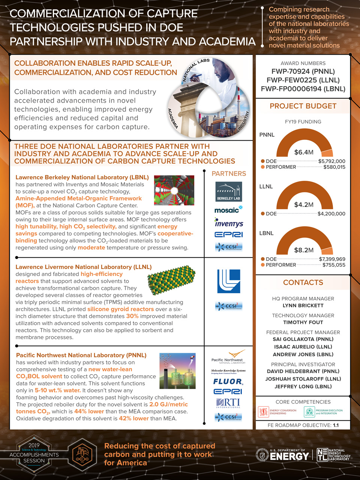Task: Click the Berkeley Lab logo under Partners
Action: click(x=229, y=191)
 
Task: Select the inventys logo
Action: click(x=229, y=223)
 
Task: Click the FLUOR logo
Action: click(x=228, y=381)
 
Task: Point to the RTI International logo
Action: click(x=228, y=403)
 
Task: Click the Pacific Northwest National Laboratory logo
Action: click(x=228, y=357)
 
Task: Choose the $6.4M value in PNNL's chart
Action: click(x=304, y=152)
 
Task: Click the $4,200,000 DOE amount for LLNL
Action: click(x=331, y=214)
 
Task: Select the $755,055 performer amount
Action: click(x=334, y=265)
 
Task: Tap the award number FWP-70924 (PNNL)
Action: click(x=303, y=71)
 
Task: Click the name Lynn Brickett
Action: click(x=303, y=306)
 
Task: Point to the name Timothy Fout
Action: click(x=303, y=322)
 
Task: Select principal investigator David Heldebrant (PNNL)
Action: click(x=303, y=372)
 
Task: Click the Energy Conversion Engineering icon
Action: click(x=264, y=412)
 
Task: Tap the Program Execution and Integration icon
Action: click(x=309, y=412)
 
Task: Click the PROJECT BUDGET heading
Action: click(x=303, y=106)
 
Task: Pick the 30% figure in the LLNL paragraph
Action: click(x=132, y=316)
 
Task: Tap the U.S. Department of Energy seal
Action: click(x=261, y=455)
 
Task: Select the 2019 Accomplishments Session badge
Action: click(x=34, y=454)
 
